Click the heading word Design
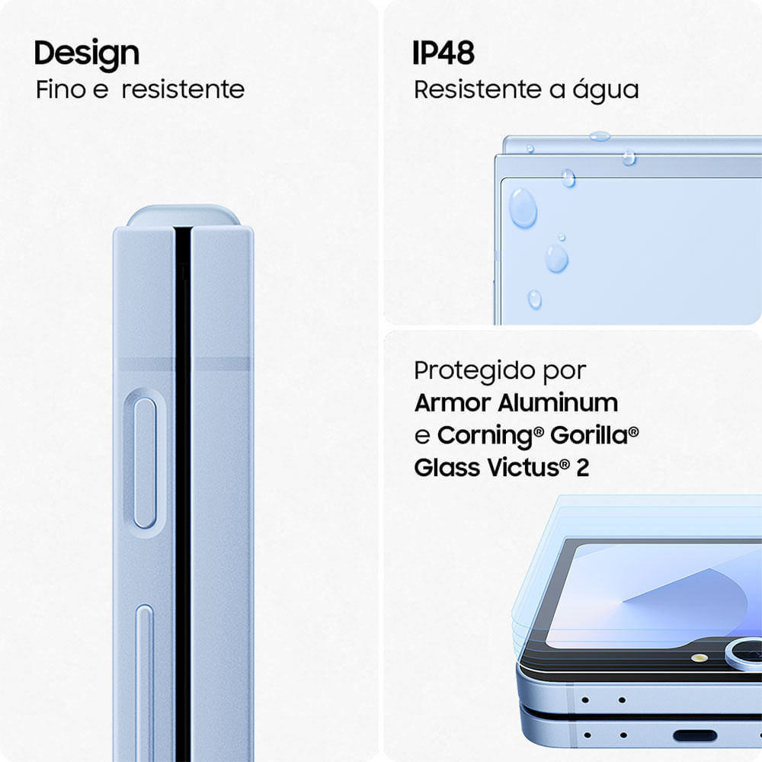point(87,54)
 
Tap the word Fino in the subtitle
point(61,89)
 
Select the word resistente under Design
point(183,90)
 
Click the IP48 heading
point(443,53)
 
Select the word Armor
point(453,403)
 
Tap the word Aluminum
point(558,403)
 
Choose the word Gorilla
point(590,435)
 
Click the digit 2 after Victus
point(582,468)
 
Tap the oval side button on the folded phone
point(145,463)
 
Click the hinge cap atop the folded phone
point(183,216)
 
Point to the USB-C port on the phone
point(695,736)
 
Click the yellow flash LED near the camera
point(700,658)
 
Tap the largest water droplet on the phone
point(523,208)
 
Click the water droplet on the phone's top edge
point(600,136)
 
